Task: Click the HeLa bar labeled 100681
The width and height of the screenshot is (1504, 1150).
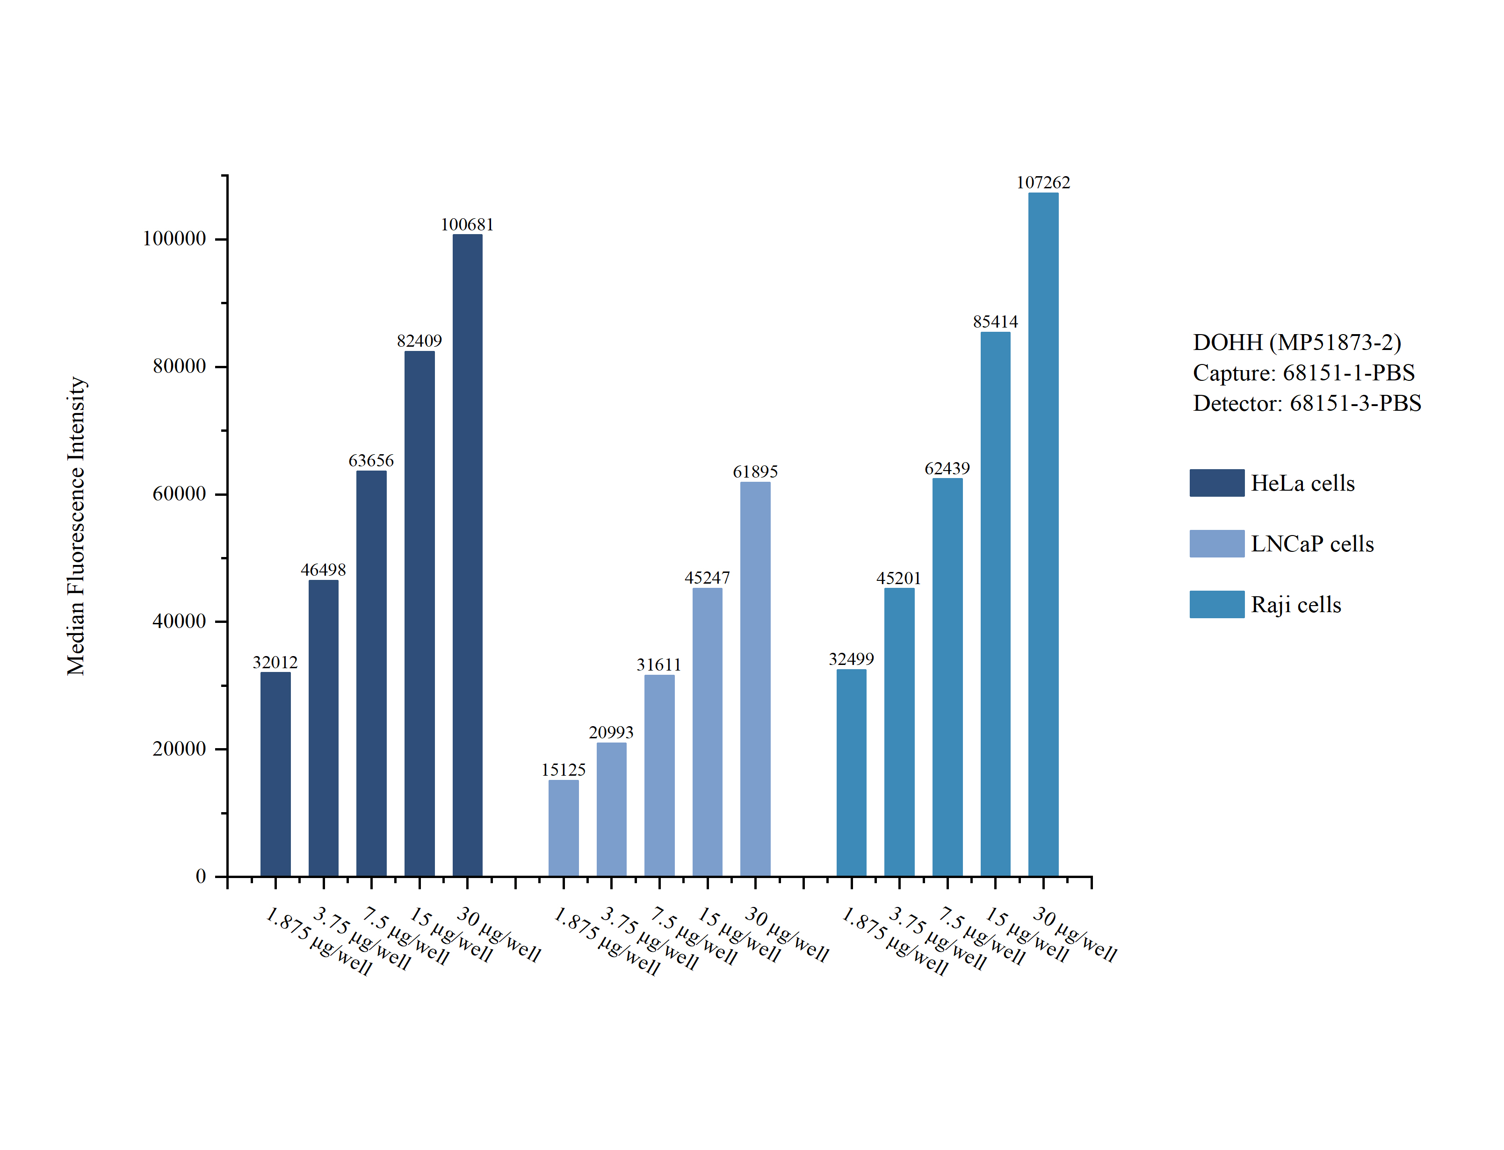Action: click(467, 555)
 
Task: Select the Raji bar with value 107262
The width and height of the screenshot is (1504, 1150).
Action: click(1043, 535)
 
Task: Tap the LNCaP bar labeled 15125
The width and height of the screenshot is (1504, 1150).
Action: click(563, 829)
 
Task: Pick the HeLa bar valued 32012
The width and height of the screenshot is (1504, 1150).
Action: click(275, 774)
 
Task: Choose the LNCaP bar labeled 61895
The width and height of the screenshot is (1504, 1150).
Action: click(755, 679)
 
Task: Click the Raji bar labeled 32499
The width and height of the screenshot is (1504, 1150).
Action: click(851, 773)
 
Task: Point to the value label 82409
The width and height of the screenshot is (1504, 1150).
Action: click(419, 341)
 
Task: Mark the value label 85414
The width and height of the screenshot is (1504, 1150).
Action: click(995, 321)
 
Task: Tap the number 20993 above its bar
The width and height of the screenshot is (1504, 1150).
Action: click(611, 732)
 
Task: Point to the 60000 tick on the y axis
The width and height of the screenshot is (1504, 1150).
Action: click(179, 493)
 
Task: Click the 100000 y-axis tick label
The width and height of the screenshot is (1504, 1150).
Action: click(174, 238)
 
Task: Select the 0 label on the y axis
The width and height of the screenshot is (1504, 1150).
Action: click(201, 876)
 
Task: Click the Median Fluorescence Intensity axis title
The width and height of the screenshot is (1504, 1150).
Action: click(76, 526)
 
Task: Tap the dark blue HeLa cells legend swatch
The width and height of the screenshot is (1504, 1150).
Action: click(1216, 483)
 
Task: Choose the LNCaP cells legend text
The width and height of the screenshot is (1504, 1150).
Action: click(1312, 543)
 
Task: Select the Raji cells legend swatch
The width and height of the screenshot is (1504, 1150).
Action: click(1216, 604)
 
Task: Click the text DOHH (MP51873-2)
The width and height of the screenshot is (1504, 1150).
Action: click(1297, 342)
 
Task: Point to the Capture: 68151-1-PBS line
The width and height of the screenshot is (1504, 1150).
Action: click(1304, 373)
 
